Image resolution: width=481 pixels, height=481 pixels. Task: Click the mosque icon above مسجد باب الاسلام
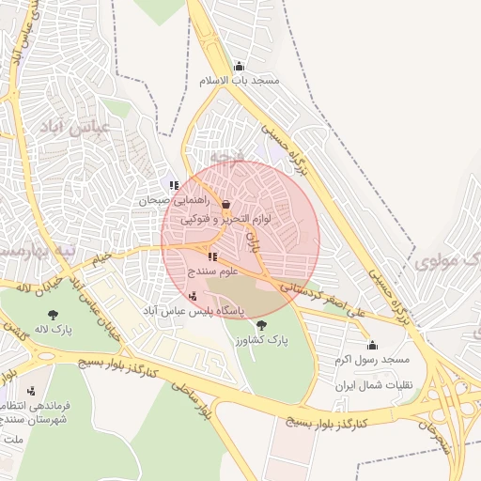[x=239, y=67]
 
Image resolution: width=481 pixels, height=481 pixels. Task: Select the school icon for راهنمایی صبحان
[x=174, y=185]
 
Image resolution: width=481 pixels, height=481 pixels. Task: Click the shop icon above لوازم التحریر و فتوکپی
[x=225, y=204]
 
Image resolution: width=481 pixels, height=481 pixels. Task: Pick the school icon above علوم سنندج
[x=212, y=256]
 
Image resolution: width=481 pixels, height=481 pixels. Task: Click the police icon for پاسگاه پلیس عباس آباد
[x=194, y=296]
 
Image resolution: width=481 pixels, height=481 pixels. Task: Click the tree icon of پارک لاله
[x=52, y=315]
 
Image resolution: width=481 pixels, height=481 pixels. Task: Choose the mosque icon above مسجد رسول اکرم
[x=372, y=345]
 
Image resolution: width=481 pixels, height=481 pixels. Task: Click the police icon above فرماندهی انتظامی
[x=31, y=391]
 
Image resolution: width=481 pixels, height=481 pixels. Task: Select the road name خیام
[x=101, y=256]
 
